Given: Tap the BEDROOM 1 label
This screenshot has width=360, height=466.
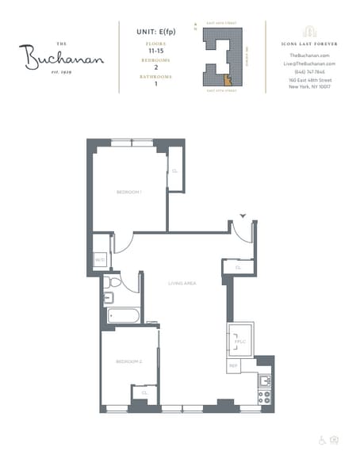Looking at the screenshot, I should pos(128,193).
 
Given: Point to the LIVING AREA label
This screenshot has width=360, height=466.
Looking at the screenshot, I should pos(182,283).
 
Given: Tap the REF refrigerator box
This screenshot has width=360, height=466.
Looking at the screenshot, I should pos(234,366).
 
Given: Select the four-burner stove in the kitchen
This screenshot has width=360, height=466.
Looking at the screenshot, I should pos(265,395).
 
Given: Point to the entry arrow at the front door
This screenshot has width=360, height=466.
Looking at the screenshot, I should pos(243,215).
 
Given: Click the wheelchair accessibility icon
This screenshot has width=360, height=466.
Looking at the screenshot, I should pos(322,440).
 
